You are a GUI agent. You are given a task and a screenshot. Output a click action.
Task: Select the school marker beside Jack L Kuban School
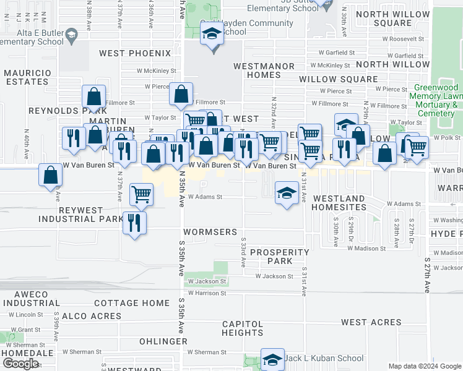(x=272, y=359)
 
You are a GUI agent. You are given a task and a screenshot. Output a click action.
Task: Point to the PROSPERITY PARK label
(x=280, y=257)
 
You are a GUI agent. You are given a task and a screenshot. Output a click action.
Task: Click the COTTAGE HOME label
(x=132, y=303)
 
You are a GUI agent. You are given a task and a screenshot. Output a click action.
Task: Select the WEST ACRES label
(x=371, y=322)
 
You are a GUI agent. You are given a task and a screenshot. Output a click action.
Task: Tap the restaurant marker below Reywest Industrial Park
(x=134, y=223)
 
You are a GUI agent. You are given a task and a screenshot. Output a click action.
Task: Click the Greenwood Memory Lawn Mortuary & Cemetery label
(x=436, y=101)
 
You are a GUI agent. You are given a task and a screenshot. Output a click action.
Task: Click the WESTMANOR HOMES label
(x=256, y=70)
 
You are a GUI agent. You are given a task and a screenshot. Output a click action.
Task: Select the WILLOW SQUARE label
(x=338, y=79)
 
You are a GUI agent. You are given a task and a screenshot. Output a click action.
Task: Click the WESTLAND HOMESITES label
(x=339, y=203)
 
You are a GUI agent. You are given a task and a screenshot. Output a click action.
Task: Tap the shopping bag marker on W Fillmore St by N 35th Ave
(x=181, y=95)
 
